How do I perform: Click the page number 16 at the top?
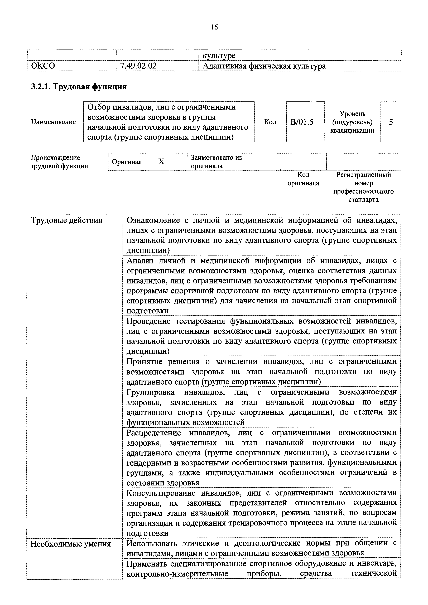214,27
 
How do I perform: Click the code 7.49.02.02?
138,66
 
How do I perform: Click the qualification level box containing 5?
391,122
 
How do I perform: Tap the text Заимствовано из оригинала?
216,162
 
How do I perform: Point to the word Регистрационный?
363,175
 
